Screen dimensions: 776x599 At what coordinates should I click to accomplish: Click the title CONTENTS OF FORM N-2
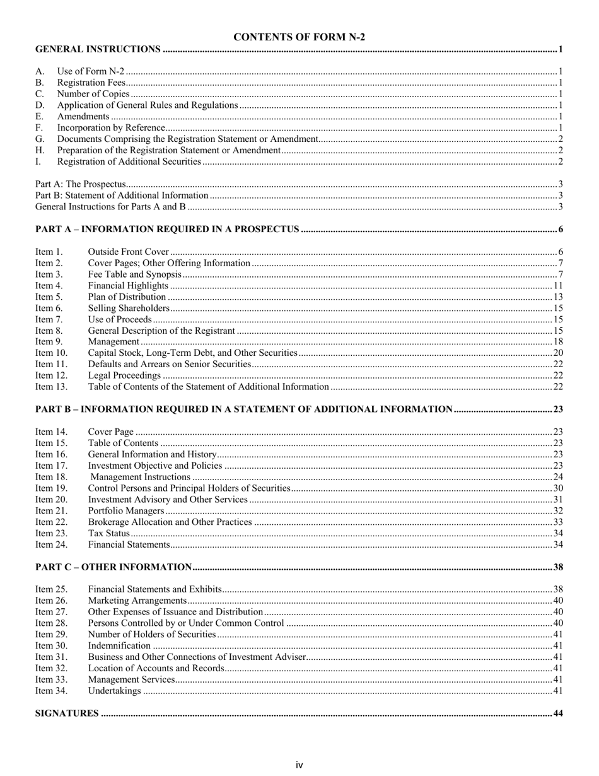point(299,37)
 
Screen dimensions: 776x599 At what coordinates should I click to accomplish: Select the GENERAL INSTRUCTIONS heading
point(98,49)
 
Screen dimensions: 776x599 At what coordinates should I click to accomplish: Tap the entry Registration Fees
point(91,83)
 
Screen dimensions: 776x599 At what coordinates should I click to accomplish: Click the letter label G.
point(40,139)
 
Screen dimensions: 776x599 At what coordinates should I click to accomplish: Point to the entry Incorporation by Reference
point(102,128)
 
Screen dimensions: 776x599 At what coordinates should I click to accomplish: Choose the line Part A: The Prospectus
point(81,185)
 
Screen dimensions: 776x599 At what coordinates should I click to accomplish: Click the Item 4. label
point(49,286)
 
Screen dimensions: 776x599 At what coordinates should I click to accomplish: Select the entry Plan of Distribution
point(127,297)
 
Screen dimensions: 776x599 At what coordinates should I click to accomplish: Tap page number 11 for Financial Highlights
point(557,286)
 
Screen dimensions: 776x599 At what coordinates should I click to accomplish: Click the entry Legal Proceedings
point(124,376)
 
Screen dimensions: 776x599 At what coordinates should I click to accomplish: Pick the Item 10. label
point(51,353)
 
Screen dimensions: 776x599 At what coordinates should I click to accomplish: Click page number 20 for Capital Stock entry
point(557,353)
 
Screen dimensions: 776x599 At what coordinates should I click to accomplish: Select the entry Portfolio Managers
point(126,511)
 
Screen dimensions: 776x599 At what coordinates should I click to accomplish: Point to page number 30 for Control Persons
point(557,488)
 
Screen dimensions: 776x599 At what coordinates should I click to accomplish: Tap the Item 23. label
point(51,534)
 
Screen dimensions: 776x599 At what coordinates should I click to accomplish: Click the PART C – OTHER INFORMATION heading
point(113,567)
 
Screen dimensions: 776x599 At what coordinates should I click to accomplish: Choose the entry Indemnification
point(119,646)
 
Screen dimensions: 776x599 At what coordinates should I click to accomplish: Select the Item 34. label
point(51,691)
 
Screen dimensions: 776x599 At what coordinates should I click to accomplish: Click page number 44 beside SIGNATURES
point(557,714)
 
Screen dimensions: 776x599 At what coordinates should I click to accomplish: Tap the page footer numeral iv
point(299,765)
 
